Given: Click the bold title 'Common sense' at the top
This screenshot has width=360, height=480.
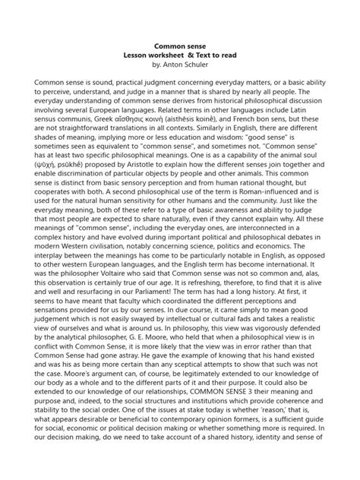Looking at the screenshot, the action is [180, 46].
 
